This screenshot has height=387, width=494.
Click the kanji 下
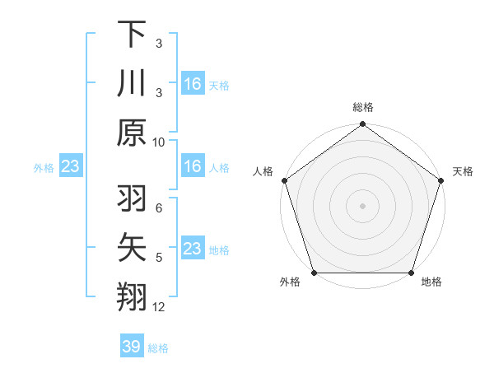click(x=133, y=34)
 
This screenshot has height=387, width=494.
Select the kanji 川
click(x=133, y=83)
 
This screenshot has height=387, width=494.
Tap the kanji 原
click(x=133, y=132)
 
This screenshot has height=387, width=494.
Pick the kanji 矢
click(x=133, y=248)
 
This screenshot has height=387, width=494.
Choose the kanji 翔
click(x=133, y=297)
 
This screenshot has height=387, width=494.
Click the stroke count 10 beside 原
click(x=159, y=142)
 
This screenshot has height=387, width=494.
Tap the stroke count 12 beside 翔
click(x=159, y=308)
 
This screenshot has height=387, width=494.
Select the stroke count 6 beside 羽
click(x=158, y=209)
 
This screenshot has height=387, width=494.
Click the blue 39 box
click(x=131, y=347)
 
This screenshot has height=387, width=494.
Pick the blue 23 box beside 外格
click(x=70, y=167)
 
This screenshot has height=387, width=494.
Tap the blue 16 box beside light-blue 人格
click(x=192, y=167)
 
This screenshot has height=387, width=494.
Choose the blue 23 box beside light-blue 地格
click(x=192, y=249)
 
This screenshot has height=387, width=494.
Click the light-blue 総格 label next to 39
click(x=158, y=348)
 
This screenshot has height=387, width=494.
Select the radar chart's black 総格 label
click(x=363, y=108)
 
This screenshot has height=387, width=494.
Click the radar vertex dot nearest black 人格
click(x=285, y=181)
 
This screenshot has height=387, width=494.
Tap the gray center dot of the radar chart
click(x=363, y=206)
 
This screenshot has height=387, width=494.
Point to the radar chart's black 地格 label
click(x=431, y=282)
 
